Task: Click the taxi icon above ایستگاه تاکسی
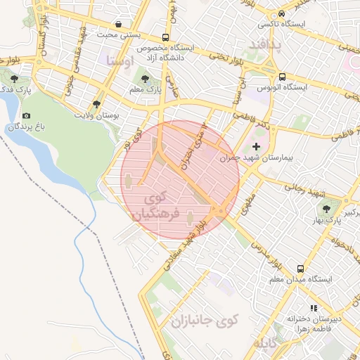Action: [281, 14]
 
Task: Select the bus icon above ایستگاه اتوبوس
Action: [282, 77]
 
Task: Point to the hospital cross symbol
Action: [256, 147]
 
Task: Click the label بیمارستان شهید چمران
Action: [256, 158]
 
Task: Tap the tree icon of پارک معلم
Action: [146, 79]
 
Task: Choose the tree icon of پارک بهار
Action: [326, 208]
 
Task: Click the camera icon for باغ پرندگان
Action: [27, 115]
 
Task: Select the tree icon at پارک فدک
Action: [15, 78]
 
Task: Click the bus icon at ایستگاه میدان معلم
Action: [301, 269]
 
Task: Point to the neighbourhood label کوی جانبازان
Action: [205, 321]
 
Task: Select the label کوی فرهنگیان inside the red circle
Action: [157, 205]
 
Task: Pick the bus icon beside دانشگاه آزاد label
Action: [165, 37]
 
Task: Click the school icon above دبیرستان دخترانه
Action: [314, 308]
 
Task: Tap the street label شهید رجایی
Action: [302, 189]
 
